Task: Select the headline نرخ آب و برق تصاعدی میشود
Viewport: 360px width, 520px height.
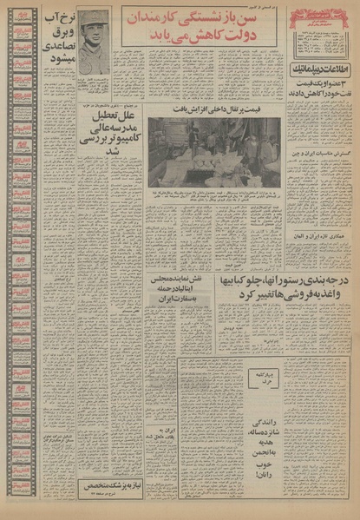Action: [x=56, y=39]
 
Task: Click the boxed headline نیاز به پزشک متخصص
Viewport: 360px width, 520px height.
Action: [x=111, y=486]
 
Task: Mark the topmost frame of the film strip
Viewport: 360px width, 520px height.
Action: [x=22, y=16]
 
